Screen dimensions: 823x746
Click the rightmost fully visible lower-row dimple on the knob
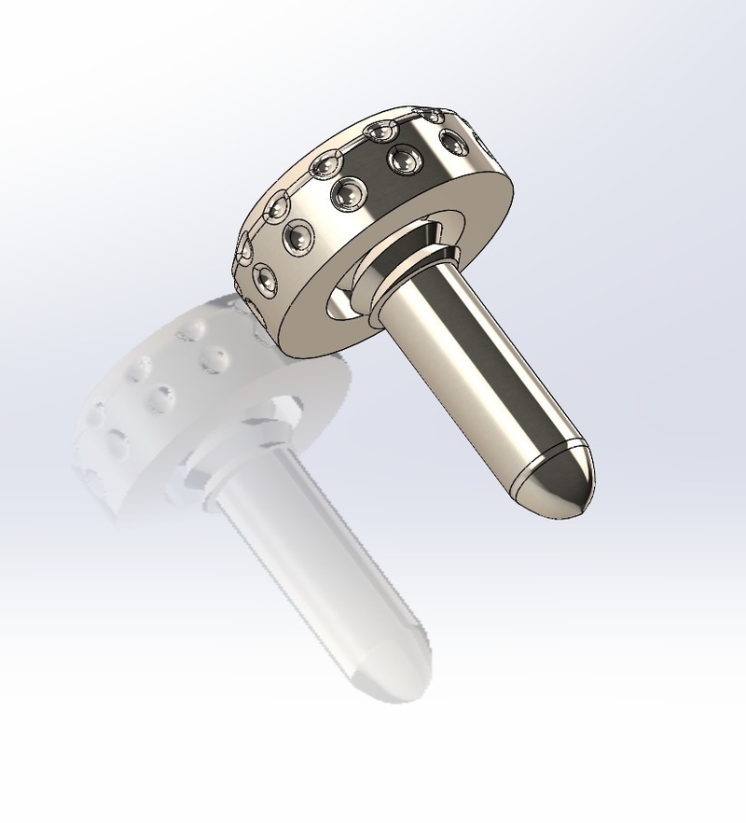pos(453,143)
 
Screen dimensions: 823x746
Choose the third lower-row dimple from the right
pos(350,193)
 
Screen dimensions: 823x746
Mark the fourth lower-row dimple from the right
pos(300,239)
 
